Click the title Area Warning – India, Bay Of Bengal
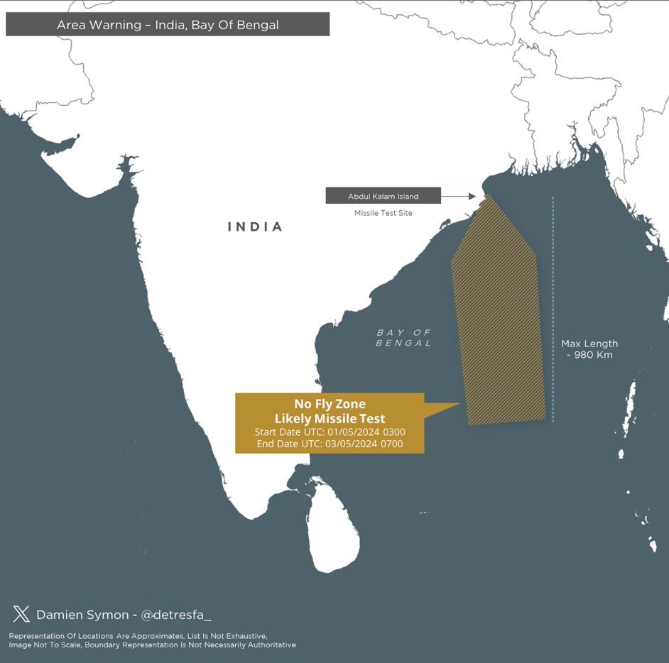168,25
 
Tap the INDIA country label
255,227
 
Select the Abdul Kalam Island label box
383,196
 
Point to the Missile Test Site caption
383,213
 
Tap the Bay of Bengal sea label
403,338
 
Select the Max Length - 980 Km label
589,349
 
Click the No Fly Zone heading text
330,405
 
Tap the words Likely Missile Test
330,418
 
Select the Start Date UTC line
330,432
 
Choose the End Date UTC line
330,444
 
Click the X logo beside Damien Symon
21,614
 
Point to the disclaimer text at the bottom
152,640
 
